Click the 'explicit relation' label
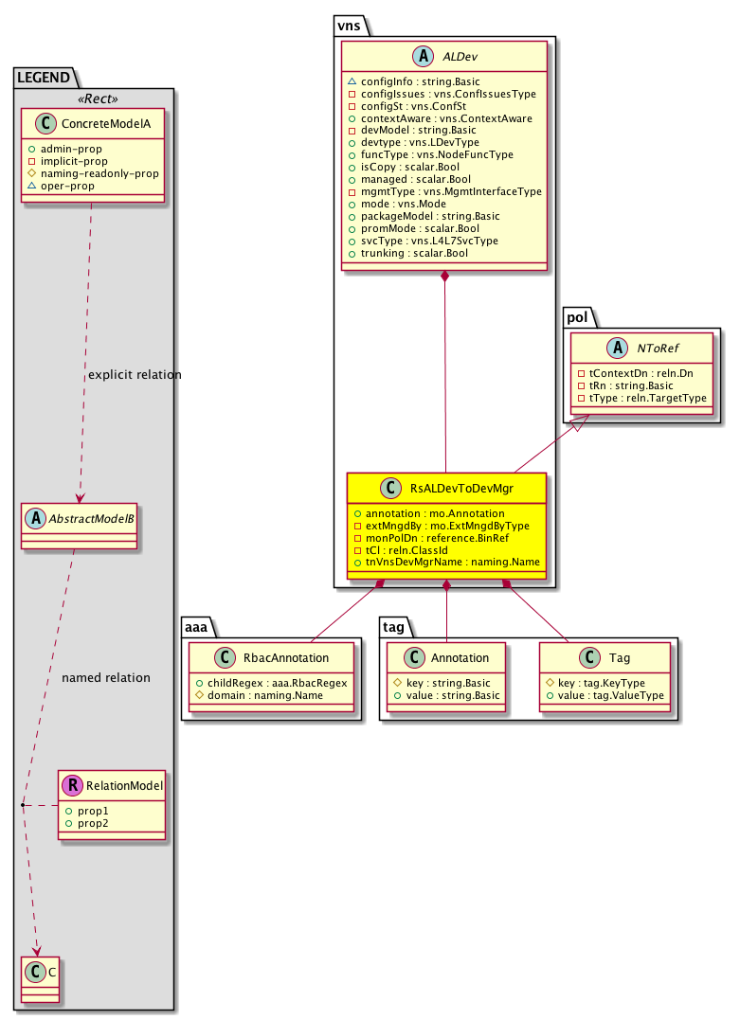coord(135,375)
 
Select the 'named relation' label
coord(105,678)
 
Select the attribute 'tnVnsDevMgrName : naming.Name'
coord(445,562)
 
